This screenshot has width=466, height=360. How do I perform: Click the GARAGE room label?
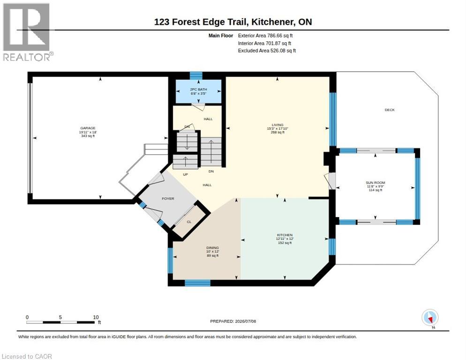pos(88,128)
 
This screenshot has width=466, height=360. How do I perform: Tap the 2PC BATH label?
pos(198,90)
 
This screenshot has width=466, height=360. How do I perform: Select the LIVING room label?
pos(278,125)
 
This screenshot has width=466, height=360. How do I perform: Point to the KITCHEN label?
pos(285,235)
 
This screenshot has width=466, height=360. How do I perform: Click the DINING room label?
pos(212,248)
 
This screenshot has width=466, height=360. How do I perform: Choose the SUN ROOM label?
pos(376,183)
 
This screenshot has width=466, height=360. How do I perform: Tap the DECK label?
pos(390,110)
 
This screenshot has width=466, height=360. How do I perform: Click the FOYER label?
pos(168,199)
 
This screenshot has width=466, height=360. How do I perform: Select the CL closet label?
pos(189,222)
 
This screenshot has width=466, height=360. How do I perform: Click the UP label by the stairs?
pos(186,174)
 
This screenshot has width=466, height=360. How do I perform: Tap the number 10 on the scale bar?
pos(96,317)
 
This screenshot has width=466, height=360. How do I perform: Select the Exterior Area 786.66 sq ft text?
pos(265,36)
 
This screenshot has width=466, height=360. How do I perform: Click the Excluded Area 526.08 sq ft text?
pos(267,51)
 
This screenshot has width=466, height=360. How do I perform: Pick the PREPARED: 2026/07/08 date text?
pos(233,322)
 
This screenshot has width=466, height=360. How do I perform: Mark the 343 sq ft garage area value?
pos(88,136)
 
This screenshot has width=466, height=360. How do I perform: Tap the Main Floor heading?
pos(221,36)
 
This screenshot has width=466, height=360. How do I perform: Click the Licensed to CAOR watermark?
pos(27,356)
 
